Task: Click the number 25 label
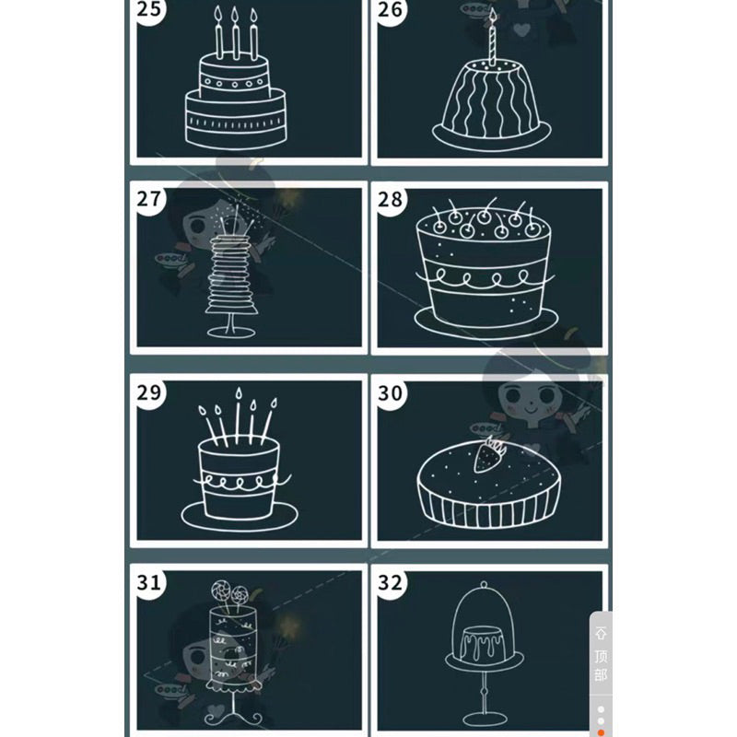(x=147, y=13)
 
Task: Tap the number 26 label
(x=391, y=13)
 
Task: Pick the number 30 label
(x=391, y=392)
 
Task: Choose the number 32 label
(x=391, y=582)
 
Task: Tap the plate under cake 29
(x=239, y=515)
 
